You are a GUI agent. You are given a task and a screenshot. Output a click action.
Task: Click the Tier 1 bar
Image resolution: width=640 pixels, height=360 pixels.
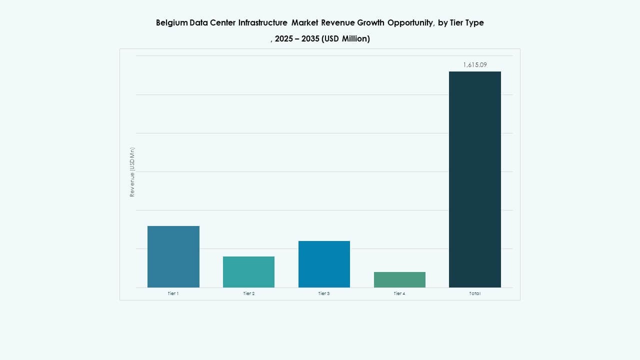tap(173, 256)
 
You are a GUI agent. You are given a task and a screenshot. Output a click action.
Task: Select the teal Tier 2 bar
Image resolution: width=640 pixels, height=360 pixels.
tap(248, 271)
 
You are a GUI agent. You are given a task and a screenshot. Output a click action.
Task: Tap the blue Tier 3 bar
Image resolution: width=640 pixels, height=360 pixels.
tap(324, 264)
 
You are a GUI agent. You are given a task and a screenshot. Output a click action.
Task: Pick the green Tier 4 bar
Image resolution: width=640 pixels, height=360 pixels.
tap(399, 279)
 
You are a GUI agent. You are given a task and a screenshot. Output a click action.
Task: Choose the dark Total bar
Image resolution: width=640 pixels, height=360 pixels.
tap(474, 179)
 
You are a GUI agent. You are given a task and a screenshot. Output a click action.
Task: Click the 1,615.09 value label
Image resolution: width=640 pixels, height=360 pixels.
tap(474, 65)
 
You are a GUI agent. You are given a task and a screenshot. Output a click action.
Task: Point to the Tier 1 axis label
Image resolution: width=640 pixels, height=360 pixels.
tap(173, 293)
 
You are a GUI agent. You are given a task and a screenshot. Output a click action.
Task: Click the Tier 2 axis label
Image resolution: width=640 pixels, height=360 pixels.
tap(248, 293)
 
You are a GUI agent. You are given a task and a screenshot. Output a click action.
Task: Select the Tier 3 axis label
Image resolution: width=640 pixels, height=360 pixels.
tap(324, 293)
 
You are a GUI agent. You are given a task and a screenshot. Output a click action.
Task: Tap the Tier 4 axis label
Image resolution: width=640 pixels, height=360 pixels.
tap(399, 293)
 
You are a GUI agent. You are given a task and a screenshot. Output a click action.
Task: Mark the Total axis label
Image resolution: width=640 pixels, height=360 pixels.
tap(474, 293)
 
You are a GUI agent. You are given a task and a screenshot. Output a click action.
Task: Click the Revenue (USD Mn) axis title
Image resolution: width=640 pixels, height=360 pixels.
tap(132, 171)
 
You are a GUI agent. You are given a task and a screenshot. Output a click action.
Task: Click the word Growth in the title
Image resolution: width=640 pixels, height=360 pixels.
tap(369, 23)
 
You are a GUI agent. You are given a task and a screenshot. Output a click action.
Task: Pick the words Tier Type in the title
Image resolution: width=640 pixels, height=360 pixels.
tap(466, 23)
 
